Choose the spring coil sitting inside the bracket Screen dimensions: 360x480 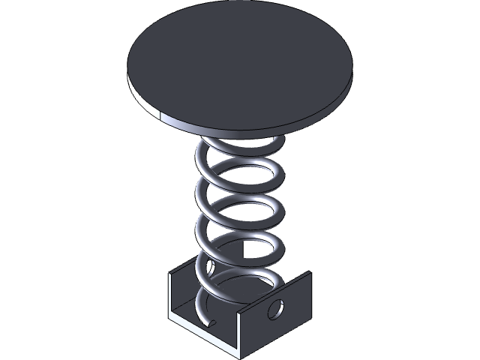225,289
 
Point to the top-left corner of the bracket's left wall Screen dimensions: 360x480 169,273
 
